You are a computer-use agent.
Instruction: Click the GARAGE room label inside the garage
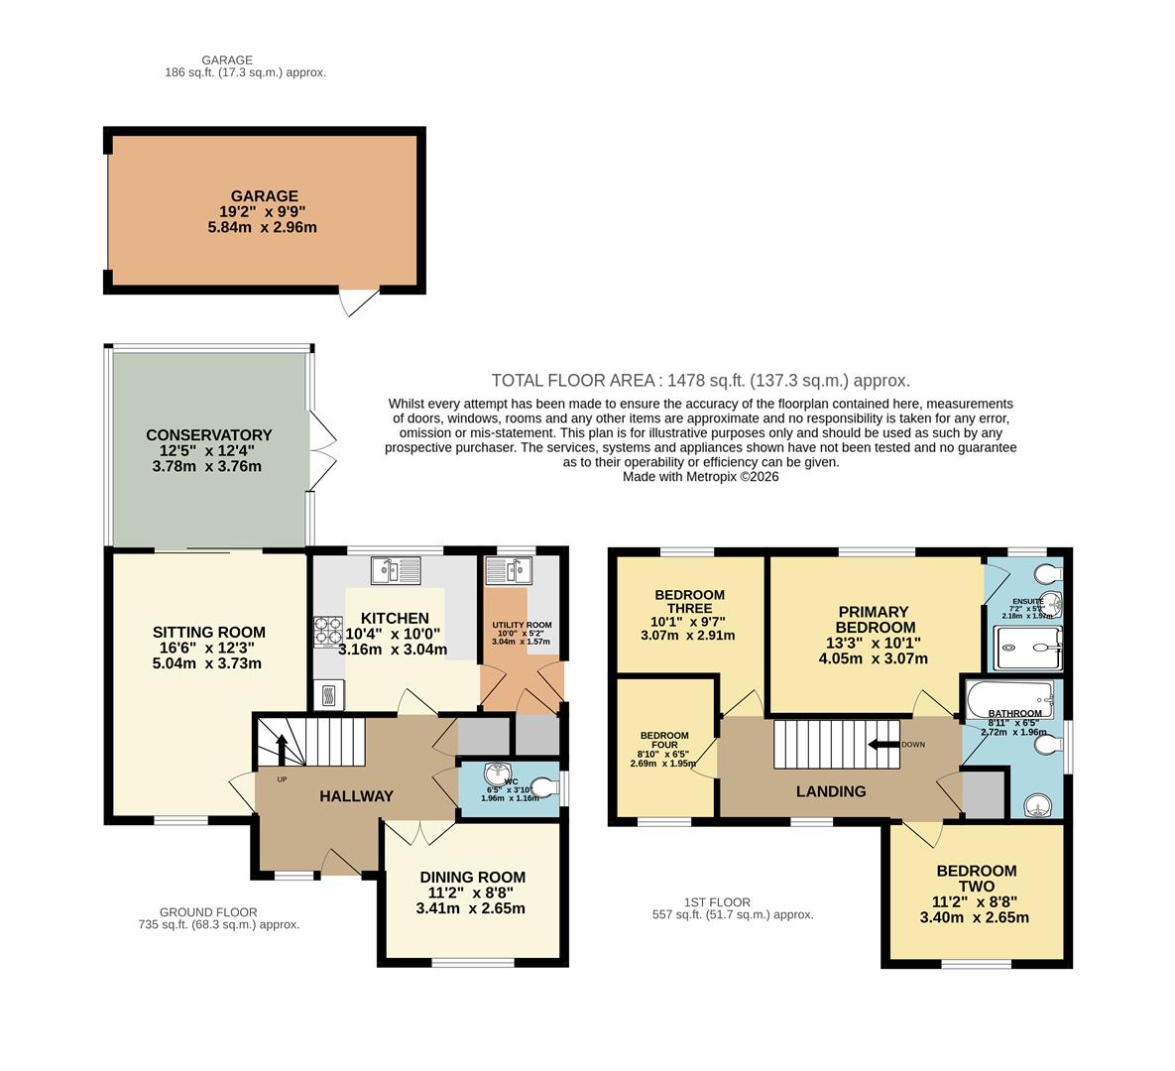(264, 196)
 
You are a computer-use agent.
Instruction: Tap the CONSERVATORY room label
(208, 435)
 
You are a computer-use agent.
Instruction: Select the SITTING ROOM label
(208, 632)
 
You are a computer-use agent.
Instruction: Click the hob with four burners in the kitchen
(328, 631)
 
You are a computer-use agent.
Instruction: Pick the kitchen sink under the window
(396, 571)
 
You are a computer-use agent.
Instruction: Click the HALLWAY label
(356, 796)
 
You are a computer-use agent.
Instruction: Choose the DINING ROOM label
(472, 877)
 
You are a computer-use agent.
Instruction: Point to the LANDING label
(831, 791)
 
